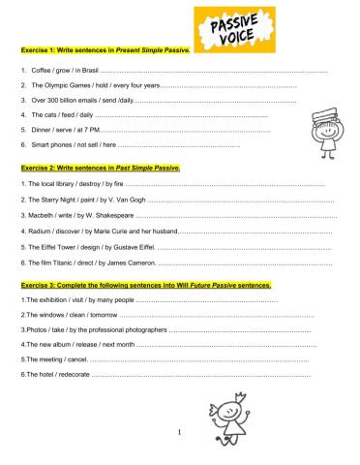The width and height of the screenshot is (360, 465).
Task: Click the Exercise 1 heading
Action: click(x=105, y=49)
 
